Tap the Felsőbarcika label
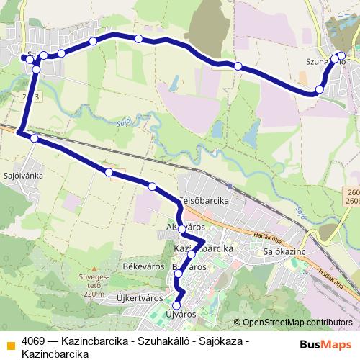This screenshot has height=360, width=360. click(203, 199)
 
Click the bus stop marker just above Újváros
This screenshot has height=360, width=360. click(176, 305)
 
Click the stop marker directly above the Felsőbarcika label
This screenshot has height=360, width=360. click(152, 186)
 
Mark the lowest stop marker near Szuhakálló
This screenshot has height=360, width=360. click(319, 90)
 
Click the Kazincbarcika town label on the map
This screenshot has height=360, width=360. click(204, 248)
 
